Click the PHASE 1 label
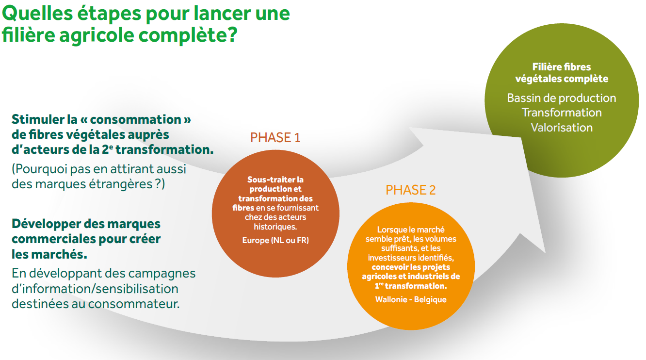[x=275, y=138]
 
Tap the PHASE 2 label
[x=410, y=190]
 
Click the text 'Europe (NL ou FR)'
[x=275, y=240]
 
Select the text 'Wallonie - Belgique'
[x=411, y=299]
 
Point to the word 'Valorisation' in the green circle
[x=562, y=128]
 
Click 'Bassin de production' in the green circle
[x=562, y=98]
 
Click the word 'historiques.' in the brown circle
[x=275, y=227]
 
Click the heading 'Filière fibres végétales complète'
[x=562, y=73]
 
